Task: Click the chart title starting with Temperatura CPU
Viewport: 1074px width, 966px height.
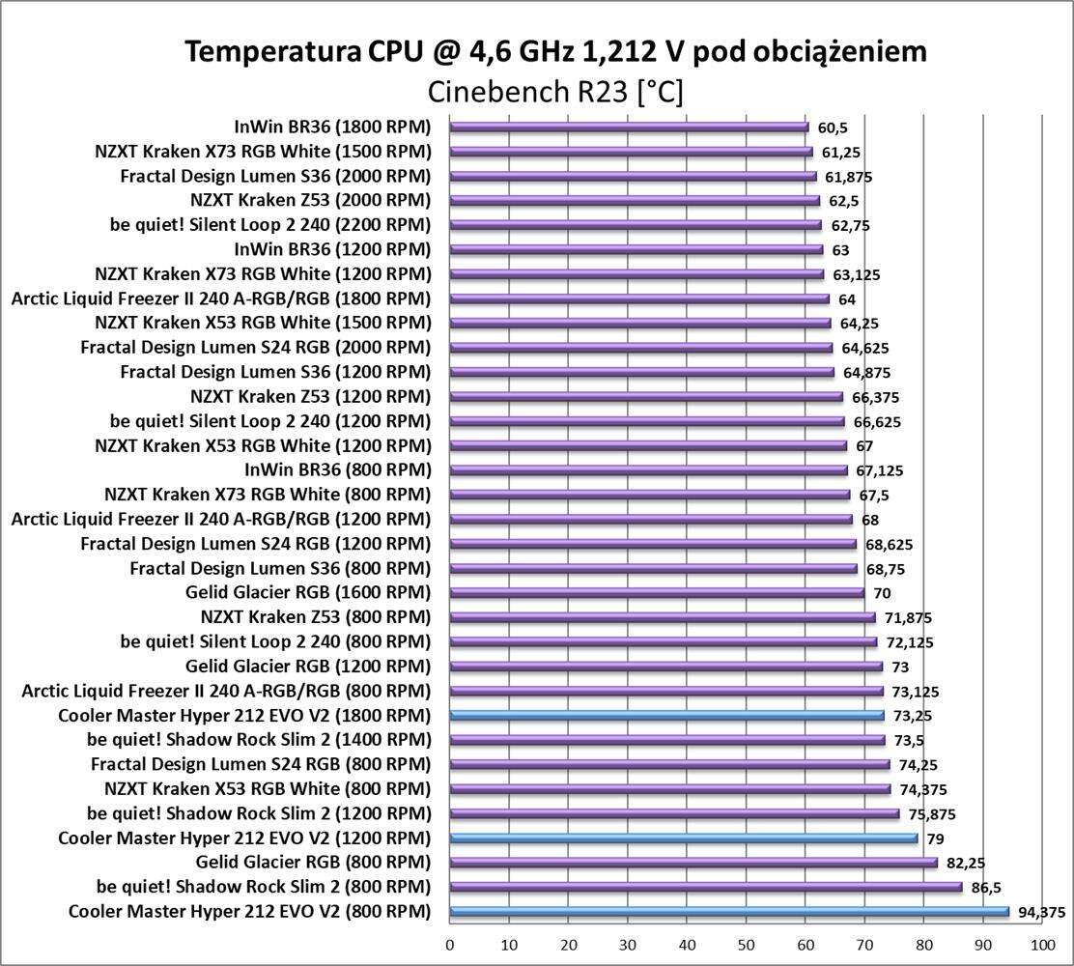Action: [x=555, y=51]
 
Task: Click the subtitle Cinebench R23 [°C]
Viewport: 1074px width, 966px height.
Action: [x=555, y=93]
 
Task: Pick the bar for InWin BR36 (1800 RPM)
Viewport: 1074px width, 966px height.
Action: [x=628, y=127]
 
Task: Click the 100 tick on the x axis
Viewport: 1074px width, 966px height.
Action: [x=1041, y=943]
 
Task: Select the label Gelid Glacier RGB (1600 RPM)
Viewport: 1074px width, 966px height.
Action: [x=308, y=592]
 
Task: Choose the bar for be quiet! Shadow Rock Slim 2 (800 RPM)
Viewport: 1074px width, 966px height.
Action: [x=705, y=887]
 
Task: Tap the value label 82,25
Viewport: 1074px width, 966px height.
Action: [x=966, y=863]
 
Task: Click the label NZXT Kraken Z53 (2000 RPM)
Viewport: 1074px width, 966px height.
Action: [x=311, y=200]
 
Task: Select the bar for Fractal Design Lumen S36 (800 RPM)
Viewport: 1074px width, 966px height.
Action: [x=653, y=568]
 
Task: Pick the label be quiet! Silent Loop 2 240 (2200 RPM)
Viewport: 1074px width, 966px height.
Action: [x=270, y=224]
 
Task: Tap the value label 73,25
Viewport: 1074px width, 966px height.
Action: [x=912, y=716]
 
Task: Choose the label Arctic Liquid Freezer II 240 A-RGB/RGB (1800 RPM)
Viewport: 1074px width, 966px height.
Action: [x=221, y=298]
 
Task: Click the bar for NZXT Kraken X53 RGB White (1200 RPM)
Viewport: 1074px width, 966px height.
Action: [x=647, y=445]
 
